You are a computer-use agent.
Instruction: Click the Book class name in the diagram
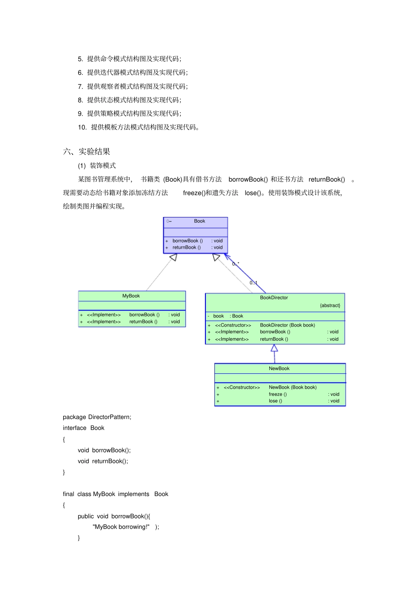pyautogui.click(x=199, y=221)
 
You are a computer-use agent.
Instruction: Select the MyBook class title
pyautogui.click(x=131, y=296)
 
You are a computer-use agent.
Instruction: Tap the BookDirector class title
pyautogui.click(x=274, y=298)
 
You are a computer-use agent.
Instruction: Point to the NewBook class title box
pyautogui.click(x=279, y=369)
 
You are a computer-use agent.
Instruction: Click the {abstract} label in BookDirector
pyautogui.click(x=330, y=305)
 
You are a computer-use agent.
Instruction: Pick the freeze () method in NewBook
pyautogui.click(x=278, y=394)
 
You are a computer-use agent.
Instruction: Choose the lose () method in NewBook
pyautogui.click(x=275, y=401)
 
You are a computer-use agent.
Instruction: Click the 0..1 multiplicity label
pyautogui.click(x=253, y=283)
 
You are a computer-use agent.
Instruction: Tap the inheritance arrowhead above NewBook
pyautogui.click(x=274, y=348)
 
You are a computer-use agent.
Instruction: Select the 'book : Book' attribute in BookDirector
pyautogui.click(x=228, y=316)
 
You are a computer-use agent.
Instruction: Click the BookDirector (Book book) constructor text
pyautogui.click(x=287, y=325)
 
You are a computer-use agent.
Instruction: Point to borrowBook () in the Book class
pyautogui.click(x=187, y=241)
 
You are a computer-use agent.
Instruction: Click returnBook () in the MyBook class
pyautogui.click(x=143, y=322)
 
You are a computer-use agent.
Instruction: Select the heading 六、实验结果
pyautogui.click(x=87, y=152)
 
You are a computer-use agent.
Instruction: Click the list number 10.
pyautogui.click(x=82, y=128)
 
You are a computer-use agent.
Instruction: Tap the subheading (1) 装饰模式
pyautogui.click(x=97, y=166)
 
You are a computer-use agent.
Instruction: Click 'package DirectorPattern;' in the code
pyautogui.click(x=97, y=417)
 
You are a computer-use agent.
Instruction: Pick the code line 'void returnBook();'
pyautogui.click(x=103, y=461)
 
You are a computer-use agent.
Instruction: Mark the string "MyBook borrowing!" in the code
pyautogui.click(x=121, y=527)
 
